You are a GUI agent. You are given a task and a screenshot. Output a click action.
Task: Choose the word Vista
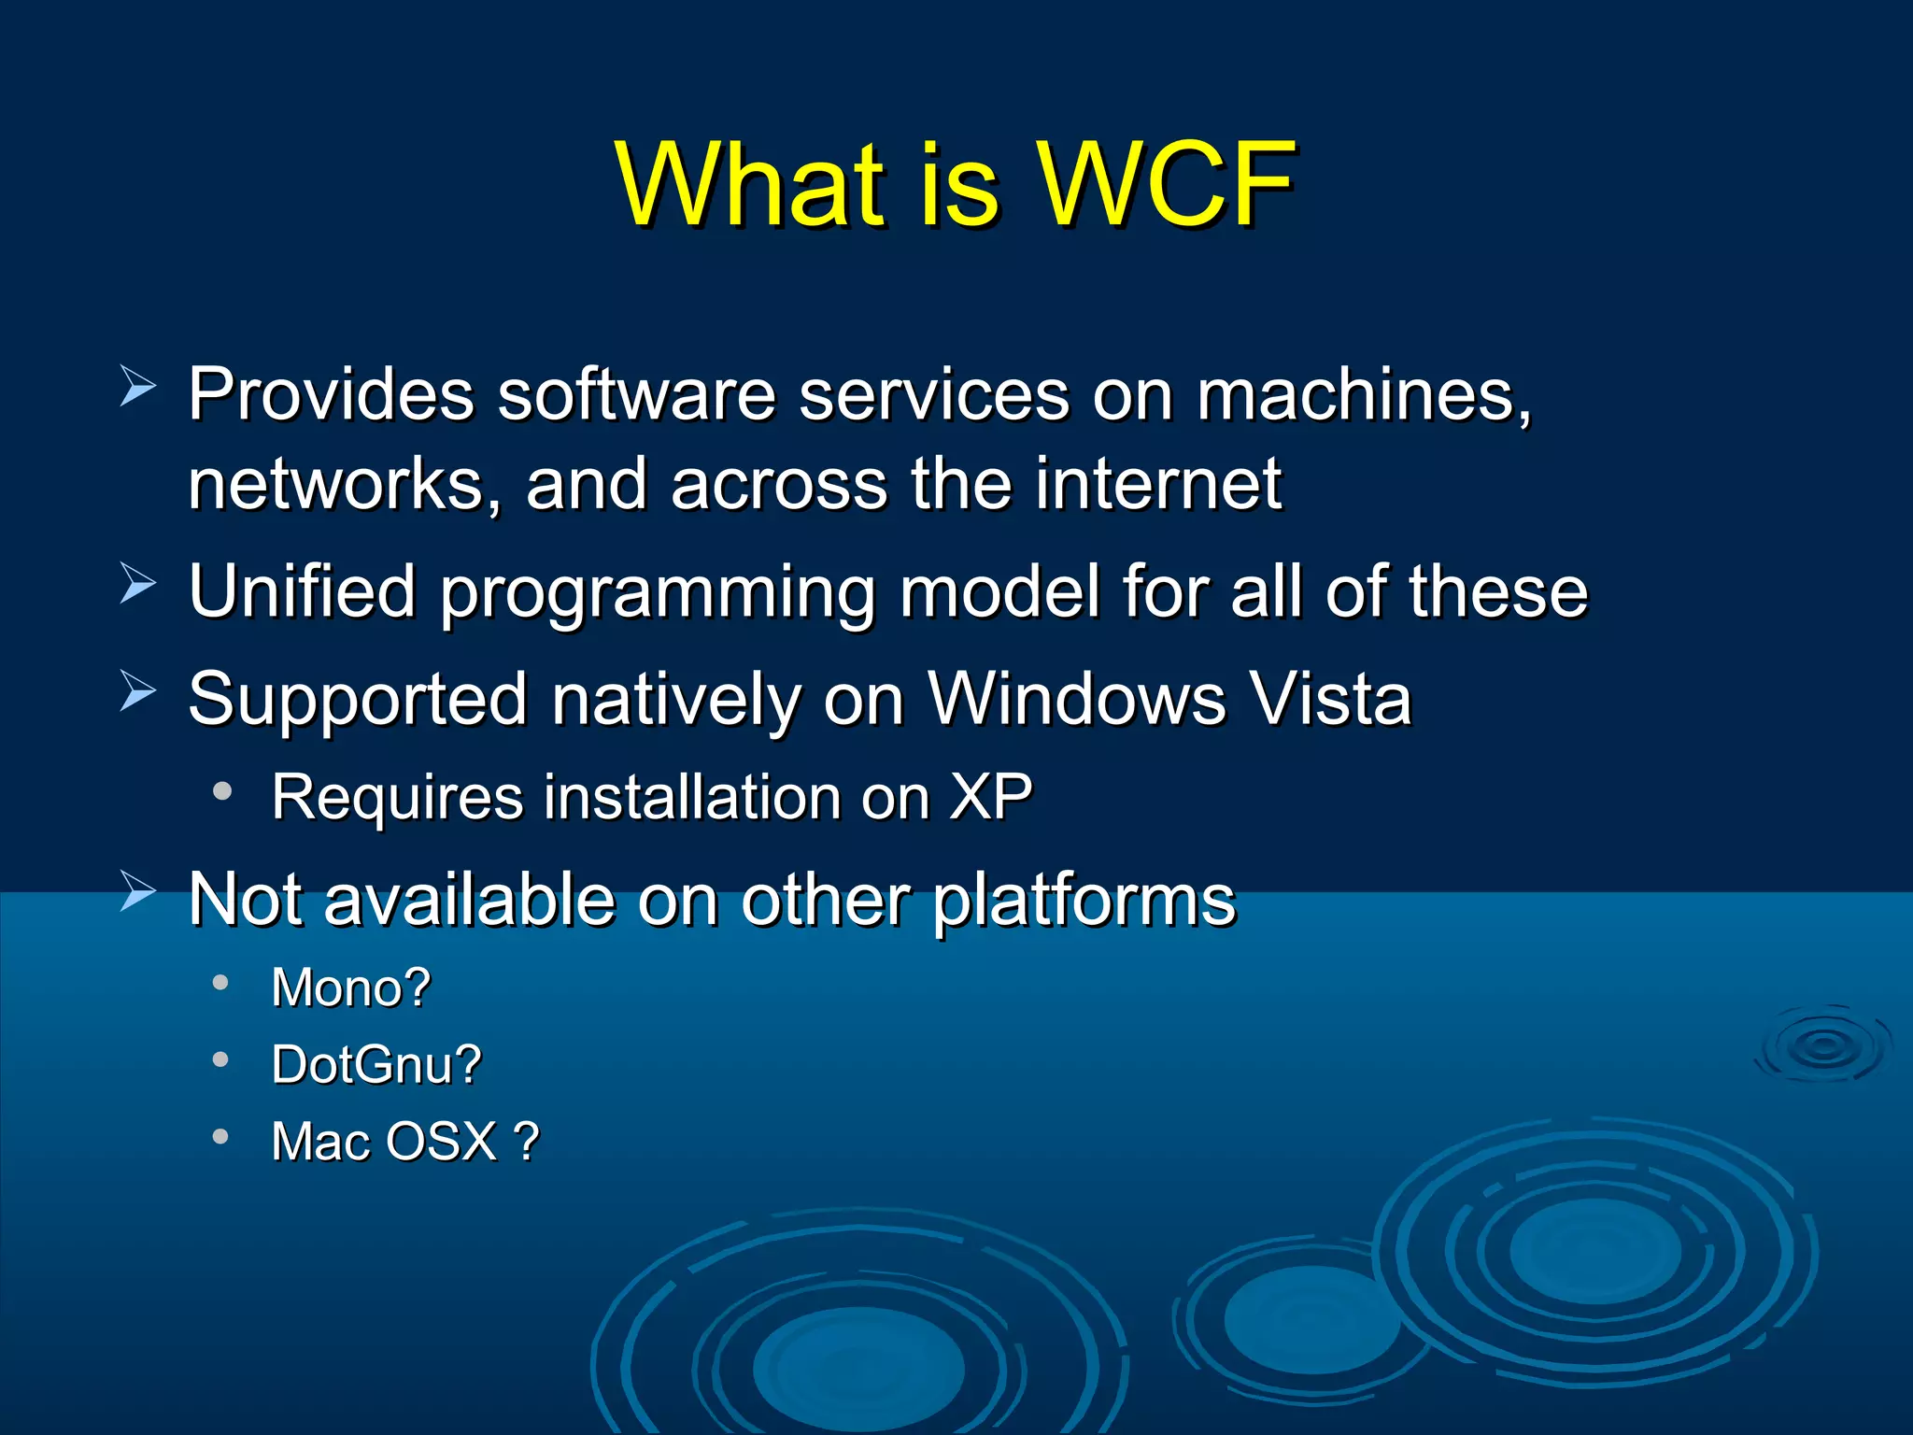tap(1330, 699)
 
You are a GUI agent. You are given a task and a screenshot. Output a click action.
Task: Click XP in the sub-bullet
tap(990, 797)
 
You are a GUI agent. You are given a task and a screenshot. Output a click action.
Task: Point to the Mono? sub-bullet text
tap(351, 987)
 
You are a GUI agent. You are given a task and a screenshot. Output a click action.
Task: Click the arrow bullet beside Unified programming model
tap(138, 585)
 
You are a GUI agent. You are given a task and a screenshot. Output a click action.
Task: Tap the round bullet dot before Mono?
tap(220, 982)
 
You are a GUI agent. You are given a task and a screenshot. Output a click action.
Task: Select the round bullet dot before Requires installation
tap(221, 791)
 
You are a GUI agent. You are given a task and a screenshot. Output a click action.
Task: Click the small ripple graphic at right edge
tap(1822, 1045)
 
